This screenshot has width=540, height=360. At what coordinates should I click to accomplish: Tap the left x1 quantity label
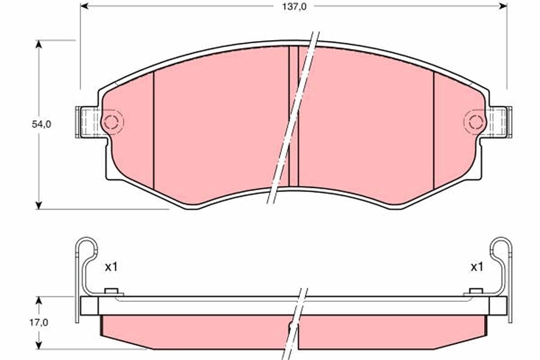coord(111,267)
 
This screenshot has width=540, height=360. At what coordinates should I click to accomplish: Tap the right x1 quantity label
coord(477,267)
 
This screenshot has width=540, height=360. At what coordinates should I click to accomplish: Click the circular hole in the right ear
coord(475,121)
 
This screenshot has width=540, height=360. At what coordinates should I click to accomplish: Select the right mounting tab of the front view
coord(500,121)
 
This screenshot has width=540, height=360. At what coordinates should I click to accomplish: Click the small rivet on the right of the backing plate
coord(476,292)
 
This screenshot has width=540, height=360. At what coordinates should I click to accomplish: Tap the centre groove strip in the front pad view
coord(293,117)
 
